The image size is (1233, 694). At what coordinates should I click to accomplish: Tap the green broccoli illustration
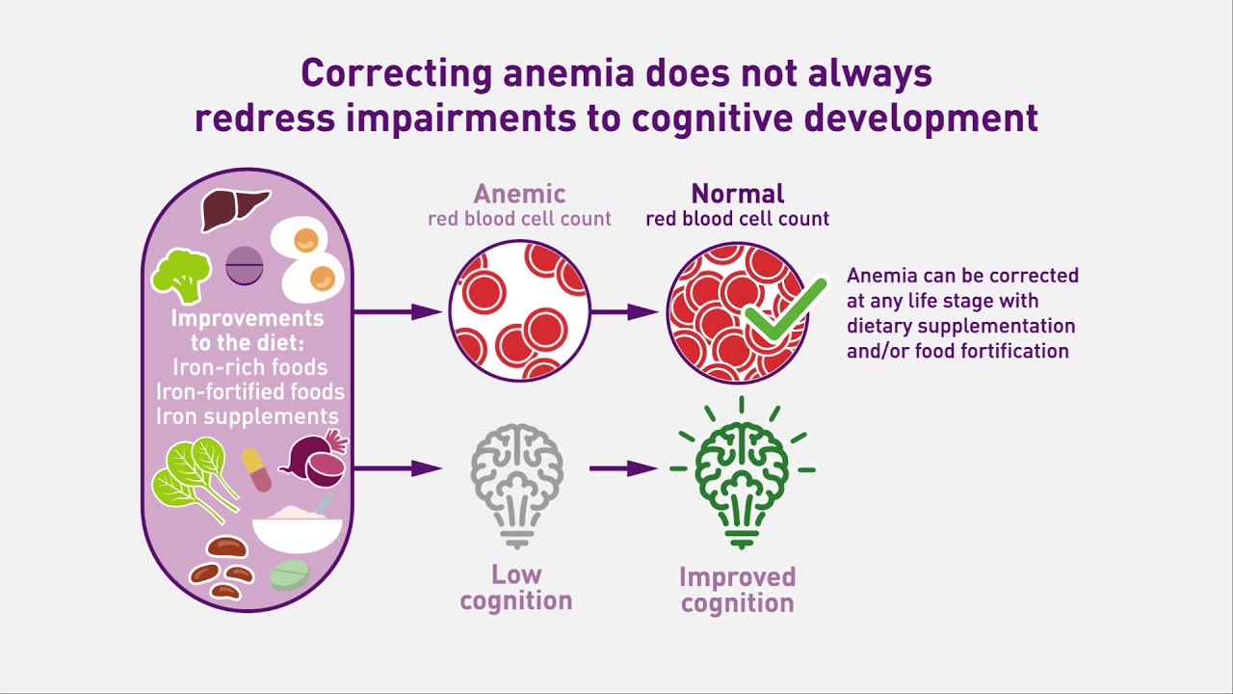coord(181,277)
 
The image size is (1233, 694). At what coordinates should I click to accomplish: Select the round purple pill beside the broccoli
coord(245,265)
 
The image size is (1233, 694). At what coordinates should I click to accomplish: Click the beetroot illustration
coord(314,459)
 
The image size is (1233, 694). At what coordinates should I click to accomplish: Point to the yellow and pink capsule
coord(256,469)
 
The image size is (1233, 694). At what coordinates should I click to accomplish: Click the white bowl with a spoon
coord(298,525)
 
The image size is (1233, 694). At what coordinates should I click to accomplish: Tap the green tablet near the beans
coord(290,575)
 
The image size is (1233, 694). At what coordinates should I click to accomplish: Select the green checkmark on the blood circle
coord(785,308)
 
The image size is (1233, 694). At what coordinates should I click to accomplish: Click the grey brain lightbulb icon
coord(516,486)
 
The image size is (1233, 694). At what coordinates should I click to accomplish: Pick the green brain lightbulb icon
coord(742,472)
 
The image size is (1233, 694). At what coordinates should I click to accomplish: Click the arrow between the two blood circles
coord(624,312)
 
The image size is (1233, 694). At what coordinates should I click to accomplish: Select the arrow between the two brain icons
coord(623,468)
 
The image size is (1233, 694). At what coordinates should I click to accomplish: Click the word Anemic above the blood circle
coord(519,194)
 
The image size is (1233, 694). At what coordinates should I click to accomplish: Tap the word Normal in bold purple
coord(738,194)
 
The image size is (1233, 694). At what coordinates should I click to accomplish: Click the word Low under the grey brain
coord(516,574)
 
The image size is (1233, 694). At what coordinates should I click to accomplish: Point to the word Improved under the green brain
coord(738,577)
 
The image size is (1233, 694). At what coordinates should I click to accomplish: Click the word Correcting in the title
coord(396,74)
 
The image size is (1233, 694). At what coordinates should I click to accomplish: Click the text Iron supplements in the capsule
coord(248,416)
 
